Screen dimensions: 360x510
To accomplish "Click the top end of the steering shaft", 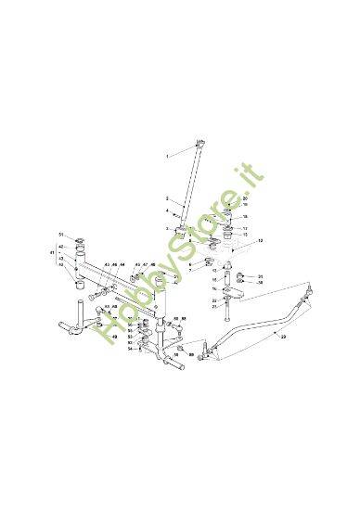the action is click(x=199, y=143).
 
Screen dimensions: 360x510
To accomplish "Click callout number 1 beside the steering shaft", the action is click(x=168, y=157).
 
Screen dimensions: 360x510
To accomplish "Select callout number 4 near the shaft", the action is click(x=168, y=211).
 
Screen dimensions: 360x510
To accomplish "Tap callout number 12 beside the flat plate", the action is click(x=261, y=240).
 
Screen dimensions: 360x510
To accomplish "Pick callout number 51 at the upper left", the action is click(x=61, y=235).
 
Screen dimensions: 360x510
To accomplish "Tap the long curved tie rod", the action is click(x=251, y=325).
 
